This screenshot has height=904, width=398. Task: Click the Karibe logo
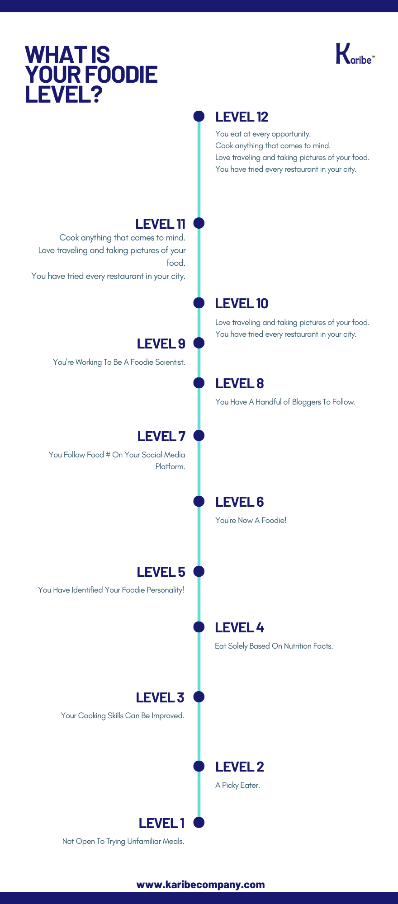pyautogui.click(x=355, y=54)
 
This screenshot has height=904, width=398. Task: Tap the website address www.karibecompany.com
pyautogui.click(x=200, y=885)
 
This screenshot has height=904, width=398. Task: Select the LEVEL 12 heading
pyautogui.click(x=242, y=117)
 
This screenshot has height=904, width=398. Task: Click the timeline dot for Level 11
pyautogui.click(x=199, y=223)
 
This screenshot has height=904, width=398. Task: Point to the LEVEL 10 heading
pyautogui.click(x=242, y=304)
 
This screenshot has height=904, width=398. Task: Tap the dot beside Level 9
pyautogui.click(x=199, y=343)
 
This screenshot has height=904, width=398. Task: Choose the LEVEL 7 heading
pyautogui.click(x=161, y=437)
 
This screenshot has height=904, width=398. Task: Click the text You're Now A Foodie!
pyautogui.click(x=251, y=520)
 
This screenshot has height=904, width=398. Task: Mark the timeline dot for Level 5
pyautogui.click(x=199, y=571)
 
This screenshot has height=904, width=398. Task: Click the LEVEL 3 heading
pyautogui.click(x=160, y=698)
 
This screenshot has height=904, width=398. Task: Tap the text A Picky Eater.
pyautogui.click(x=238, y=785)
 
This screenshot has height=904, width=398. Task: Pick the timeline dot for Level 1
pyautogui.click(x=199, y=822)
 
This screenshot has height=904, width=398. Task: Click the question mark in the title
pyautogui.click(x=95, y=94)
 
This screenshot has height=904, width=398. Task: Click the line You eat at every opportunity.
pyautogui.click(x=263, y=134)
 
